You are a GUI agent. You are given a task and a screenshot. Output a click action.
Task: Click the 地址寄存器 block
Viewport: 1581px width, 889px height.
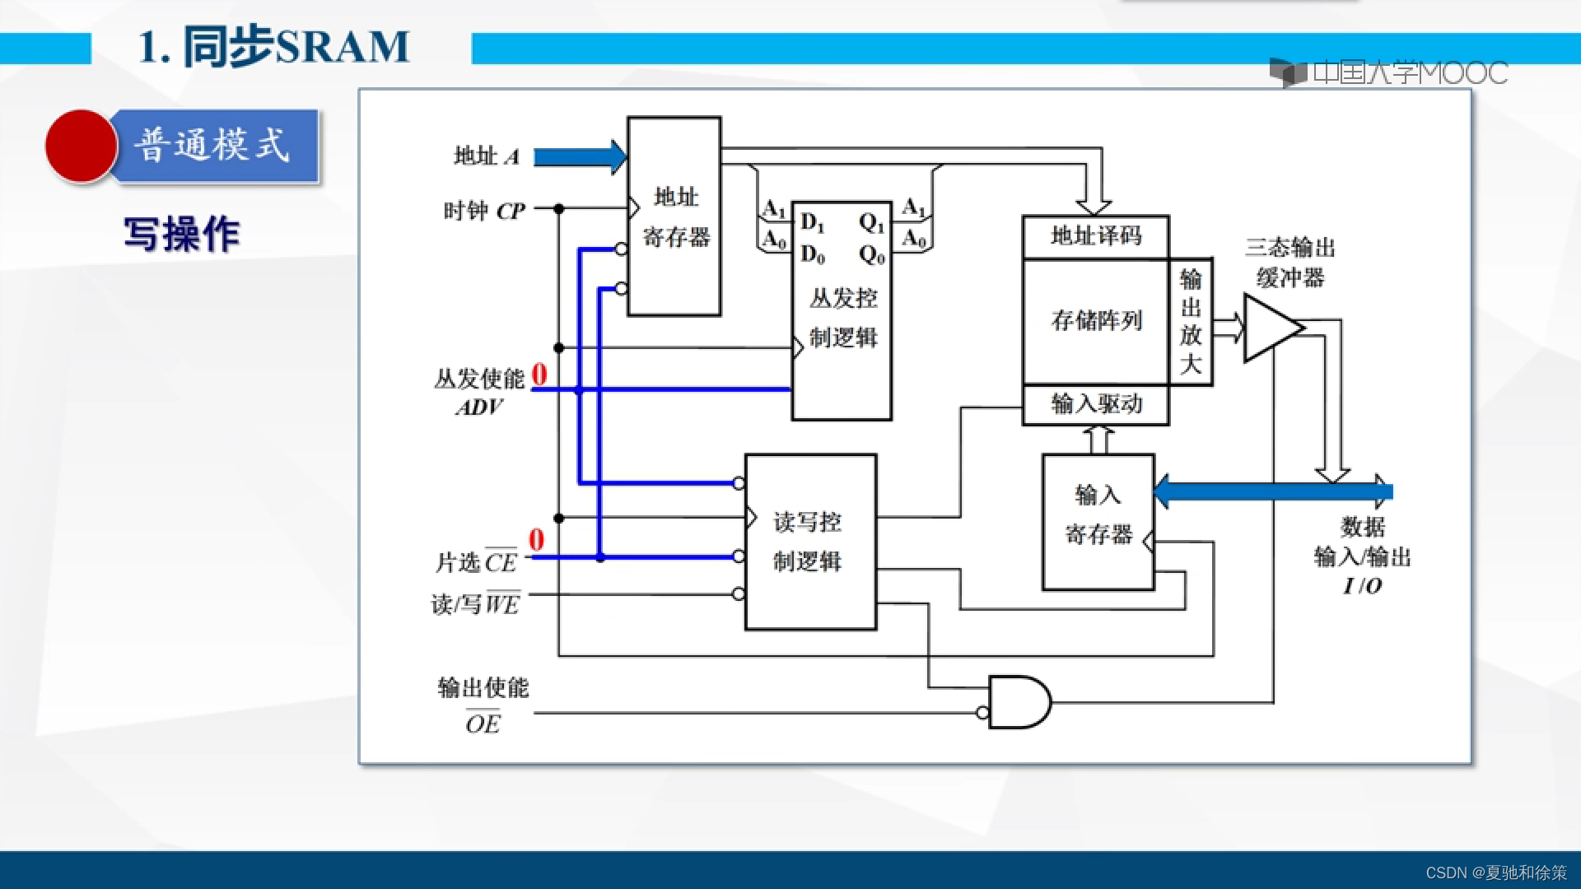pos(674,216)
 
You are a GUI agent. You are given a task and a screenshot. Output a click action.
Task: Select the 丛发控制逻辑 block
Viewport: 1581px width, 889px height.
pos(842,317)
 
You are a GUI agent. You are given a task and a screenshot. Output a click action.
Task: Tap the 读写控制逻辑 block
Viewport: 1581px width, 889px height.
pos(810,542)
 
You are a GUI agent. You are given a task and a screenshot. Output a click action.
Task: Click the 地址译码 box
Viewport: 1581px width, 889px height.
pos(1095,237)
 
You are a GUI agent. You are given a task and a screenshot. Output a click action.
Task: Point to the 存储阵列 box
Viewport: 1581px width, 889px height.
pos(1095,320)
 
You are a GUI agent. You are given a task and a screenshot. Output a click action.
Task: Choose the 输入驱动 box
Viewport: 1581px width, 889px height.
pos(1095,404)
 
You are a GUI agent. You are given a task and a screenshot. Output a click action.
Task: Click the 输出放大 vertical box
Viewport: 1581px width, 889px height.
pos(1191,321)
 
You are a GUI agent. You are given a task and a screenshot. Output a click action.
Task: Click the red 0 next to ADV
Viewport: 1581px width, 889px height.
pos(539,375)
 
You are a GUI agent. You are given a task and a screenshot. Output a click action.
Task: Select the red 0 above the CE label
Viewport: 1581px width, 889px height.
pos(536,540)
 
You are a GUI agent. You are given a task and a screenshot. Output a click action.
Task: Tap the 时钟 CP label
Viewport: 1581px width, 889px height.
pos(484,211)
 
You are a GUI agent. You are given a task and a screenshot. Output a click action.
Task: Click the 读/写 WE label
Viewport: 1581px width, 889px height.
pos(475,604)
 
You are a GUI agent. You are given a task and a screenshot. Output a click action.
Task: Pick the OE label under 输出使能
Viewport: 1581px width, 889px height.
pos(483,724)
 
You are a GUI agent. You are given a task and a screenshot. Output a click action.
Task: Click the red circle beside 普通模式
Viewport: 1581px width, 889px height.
pos(81,146)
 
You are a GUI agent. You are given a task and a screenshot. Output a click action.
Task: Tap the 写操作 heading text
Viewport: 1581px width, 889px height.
pos(181,235)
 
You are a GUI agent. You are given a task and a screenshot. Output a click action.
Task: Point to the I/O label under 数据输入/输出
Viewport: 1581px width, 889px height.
pos(1362,585)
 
